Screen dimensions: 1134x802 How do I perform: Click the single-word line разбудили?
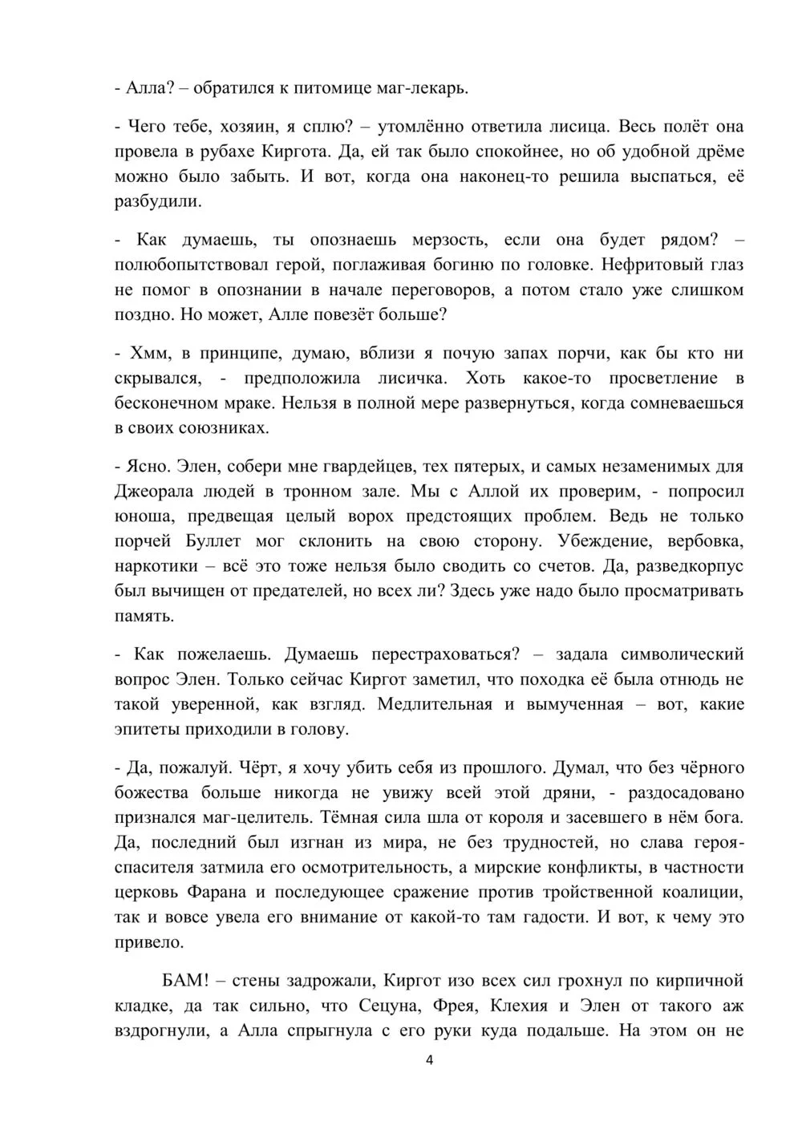pyautogui.click(x=156, y=201)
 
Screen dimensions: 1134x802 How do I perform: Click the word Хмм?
pyautogui.click(x=146, y=353)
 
